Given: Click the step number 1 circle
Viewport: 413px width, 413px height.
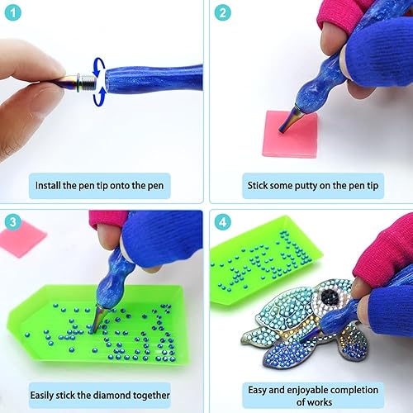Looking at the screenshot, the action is pos(12,12).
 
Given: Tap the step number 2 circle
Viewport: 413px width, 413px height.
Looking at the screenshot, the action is pos(222,12).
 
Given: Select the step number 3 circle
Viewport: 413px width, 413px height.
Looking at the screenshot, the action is pos(12,222).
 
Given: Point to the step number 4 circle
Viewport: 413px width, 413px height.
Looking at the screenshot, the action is pos(222,222).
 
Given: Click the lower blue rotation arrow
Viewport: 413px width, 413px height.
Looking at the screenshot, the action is pos(100,97).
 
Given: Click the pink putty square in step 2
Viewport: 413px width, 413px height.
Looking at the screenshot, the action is pos(290,134).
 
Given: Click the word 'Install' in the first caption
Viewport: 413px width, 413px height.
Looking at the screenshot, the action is pos(48,185).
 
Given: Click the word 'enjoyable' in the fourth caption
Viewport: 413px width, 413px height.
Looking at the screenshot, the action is pos(305,391).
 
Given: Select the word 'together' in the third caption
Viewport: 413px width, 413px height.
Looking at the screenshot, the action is pos(151,396).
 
